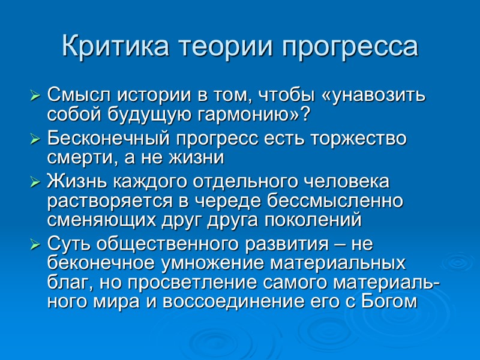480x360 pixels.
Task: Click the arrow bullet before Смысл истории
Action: [35, 96]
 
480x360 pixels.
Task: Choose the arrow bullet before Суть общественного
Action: [35, 245]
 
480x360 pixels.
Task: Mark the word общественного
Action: [158, 245]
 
